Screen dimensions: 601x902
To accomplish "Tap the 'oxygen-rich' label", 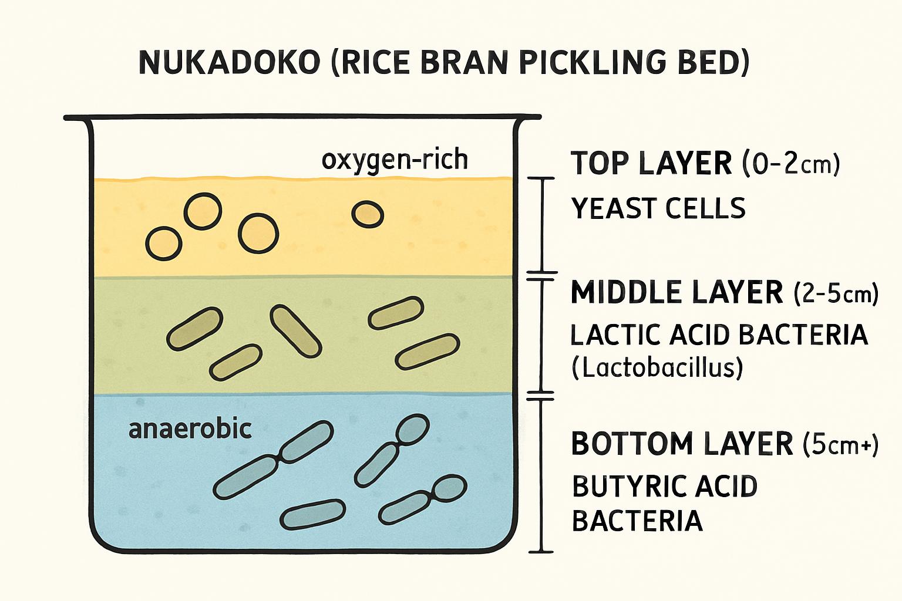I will (x=395, y=160).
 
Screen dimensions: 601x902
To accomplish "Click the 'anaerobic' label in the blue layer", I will (x=190, y=429).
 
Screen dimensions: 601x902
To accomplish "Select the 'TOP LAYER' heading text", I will (x=651, y=163).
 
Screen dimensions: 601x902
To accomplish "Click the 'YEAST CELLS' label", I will (x=658, y=208).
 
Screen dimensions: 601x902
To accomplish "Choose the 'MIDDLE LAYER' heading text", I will (x=676, y=292).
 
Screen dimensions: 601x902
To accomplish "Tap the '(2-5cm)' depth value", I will (x=836, y=293).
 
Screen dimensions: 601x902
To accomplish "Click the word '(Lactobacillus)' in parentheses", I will (x=657, y=368).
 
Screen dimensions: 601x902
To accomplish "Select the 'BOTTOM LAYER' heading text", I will (x=682, y=444).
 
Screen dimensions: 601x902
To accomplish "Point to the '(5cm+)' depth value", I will (x=840, y=444).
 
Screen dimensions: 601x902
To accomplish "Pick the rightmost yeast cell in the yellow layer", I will (x=368, y=214).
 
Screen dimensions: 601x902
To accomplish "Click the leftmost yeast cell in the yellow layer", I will (x=164, y=244).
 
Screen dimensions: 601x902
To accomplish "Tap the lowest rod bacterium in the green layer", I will (x=235, y=362).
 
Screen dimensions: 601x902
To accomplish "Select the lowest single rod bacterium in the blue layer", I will (x=312, y=514).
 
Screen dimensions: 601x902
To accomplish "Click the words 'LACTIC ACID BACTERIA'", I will (x=719, y=335).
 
